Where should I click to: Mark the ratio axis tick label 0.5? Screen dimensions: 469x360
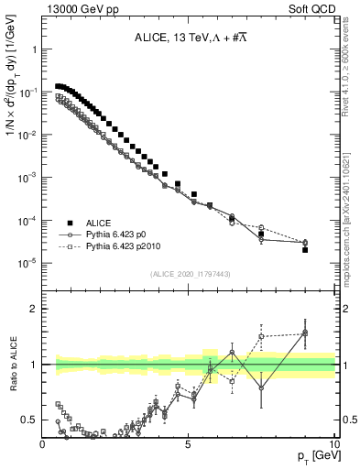point(29,420)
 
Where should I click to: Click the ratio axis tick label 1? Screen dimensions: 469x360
point(34,365)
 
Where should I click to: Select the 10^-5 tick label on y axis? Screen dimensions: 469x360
point(27,263)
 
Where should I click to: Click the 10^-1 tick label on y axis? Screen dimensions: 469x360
point(27,93)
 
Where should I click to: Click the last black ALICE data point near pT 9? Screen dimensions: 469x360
point(305,249)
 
